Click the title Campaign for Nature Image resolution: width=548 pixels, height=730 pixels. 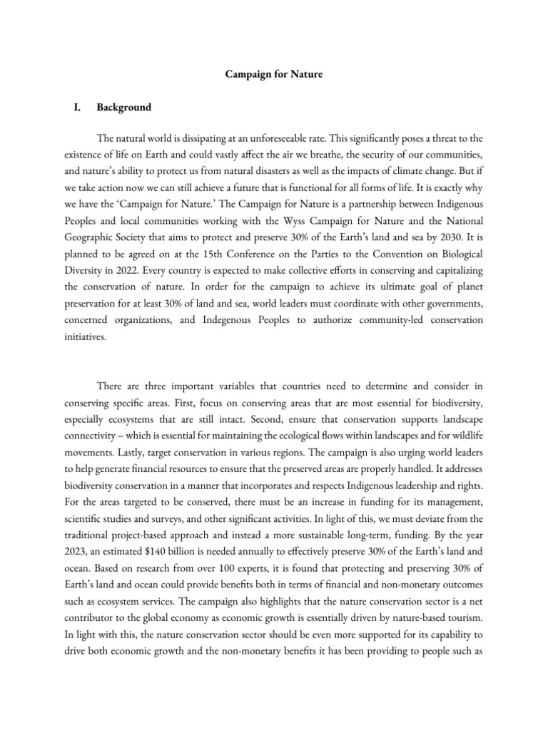(x=274, y=74)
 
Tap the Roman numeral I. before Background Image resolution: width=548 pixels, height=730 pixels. (x=70, y=108)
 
